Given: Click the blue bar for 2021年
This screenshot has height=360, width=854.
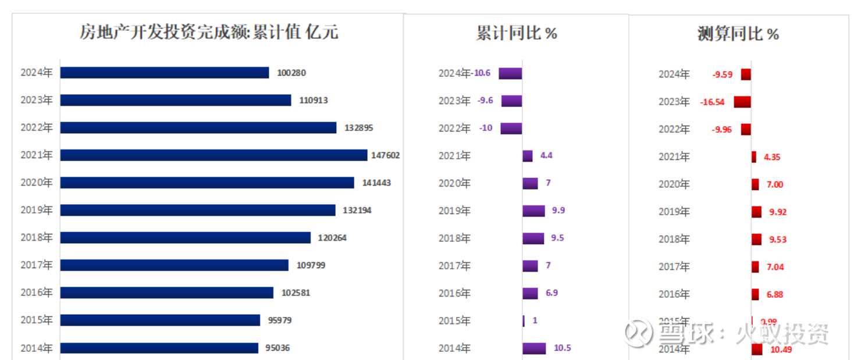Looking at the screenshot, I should click(x=213, y=155).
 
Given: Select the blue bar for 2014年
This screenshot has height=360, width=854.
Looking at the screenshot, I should click(x=159, y=348).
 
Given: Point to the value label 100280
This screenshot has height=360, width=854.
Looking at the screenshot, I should click(x=291, y=73).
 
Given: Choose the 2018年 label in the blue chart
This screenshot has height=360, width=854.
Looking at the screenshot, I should click(x=36, y=237).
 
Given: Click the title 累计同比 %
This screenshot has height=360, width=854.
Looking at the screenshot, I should click(x=517, y=33).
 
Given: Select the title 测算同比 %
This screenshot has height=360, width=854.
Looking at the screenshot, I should click(x=738, y=34).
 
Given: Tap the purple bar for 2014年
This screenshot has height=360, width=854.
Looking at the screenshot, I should click(x=534, y=348).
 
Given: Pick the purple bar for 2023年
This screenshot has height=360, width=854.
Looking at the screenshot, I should click(x=511, y=101).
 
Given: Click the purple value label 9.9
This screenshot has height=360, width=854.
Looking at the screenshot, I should click(x=558, y=210).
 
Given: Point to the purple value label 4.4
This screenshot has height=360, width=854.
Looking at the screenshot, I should click(x=546, y=155).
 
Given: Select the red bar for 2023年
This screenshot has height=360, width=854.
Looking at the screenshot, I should click(x=742, y=102).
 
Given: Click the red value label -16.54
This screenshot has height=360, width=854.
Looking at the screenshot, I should click(x=713, y=102).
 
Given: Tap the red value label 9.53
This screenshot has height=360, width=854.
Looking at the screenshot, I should click(x=778, y=239).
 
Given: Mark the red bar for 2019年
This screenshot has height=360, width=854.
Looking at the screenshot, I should click(x=756, y=212).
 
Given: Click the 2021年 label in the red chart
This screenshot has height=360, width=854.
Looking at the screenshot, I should click(x=674, y=156).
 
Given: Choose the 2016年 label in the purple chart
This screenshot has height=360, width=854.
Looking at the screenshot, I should click(x=454, y=293).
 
